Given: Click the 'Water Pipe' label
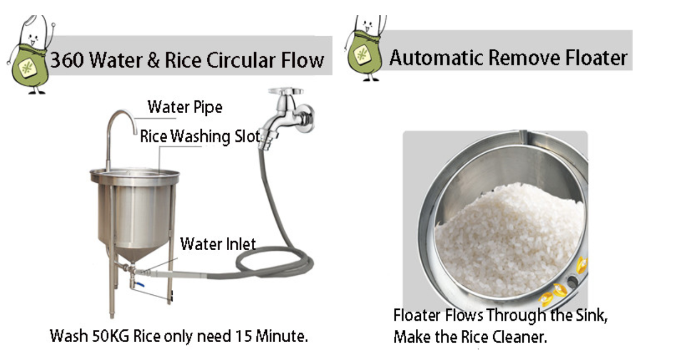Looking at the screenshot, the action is [x=185, y=108].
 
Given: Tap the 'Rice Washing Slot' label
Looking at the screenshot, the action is [x=200, y=137].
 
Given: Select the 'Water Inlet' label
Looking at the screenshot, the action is [x=218, y=244].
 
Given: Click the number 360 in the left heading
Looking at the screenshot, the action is [x=67, y=60].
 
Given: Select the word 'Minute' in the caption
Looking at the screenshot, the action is [x=281, y=336].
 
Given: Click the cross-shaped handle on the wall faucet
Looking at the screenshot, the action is [x=285, y=91].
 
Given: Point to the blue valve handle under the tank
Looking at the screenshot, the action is [x=140, y=285].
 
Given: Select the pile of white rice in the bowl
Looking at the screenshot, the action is [x=508, y=240].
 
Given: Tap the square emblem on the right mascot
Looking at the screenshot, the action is [x=362, y=55].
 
